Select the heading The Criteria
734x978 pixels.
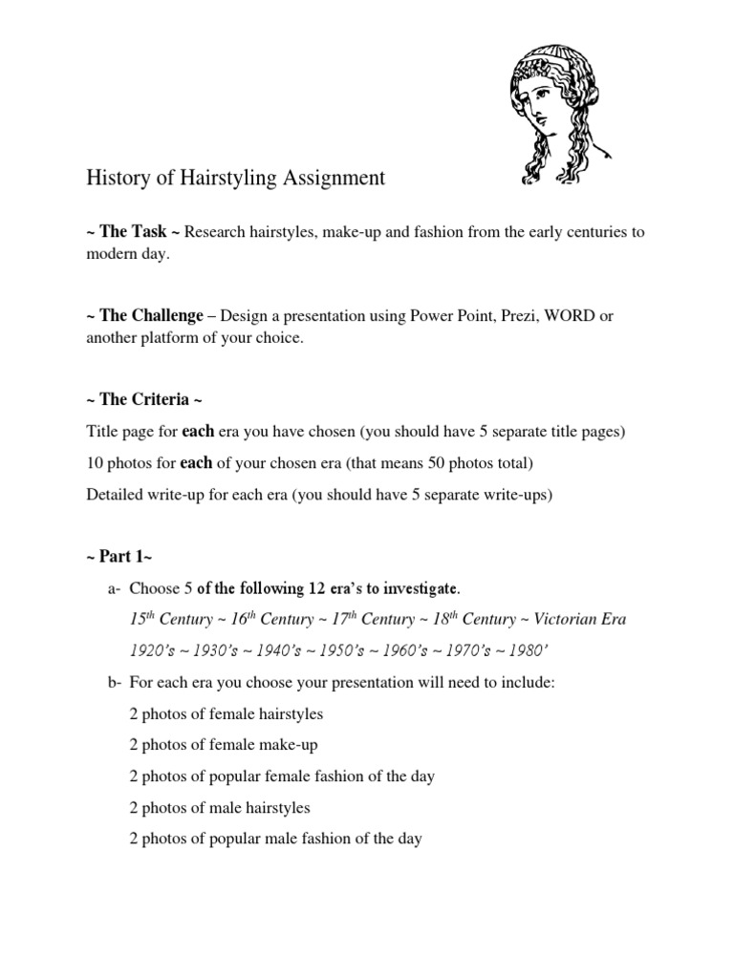click(143, 398)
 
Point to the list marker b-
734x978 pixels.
click(113, 684)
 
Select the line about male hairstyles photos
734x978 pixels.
click(220, 808)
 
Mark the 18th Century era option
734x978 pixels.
click(452, 619)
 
